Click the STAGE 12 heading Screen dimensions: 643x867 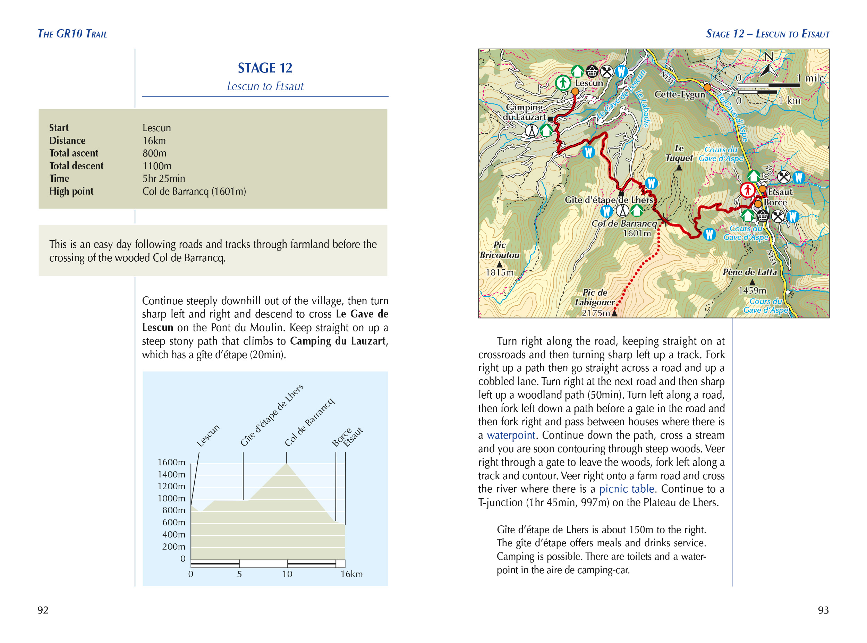pos(265,68)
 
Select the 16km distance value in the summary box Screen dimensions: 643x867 pos(154,141)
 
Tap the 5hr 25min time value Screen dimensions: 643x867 pos(163,179)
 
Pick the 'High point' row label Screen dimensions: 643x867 pos(71,192)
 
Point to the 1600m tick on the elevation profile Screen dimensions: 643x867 pos(171,463)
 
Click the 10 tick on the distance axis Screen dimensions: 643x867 pos(287,574)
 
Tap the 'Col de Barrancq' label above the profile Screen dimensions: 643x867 pos(309,422)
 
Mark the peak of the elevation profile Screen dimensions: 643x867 pos(287,464)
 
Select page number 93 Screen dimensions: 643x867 pos(823,610)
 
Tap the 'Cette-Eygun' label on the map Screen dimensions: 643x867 pos(679,95)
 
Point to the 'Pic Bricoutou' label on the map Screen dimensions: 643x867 pos(499,250)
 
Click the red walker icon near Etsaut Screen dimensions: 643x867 pos(747,190)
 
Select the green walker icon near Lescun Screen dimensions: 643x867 pos(563,83)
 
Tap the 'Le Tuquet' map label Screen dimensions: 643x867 pos(679,153)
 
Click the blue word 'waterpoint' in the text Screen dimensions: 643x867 pos(511,435)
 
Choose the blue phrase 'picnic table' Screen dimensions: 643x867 pos(627,489)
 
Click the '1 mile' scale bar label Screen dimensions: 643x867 pos(810,78)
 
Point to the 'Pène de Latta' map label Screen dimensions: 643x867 pos(749,272)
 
